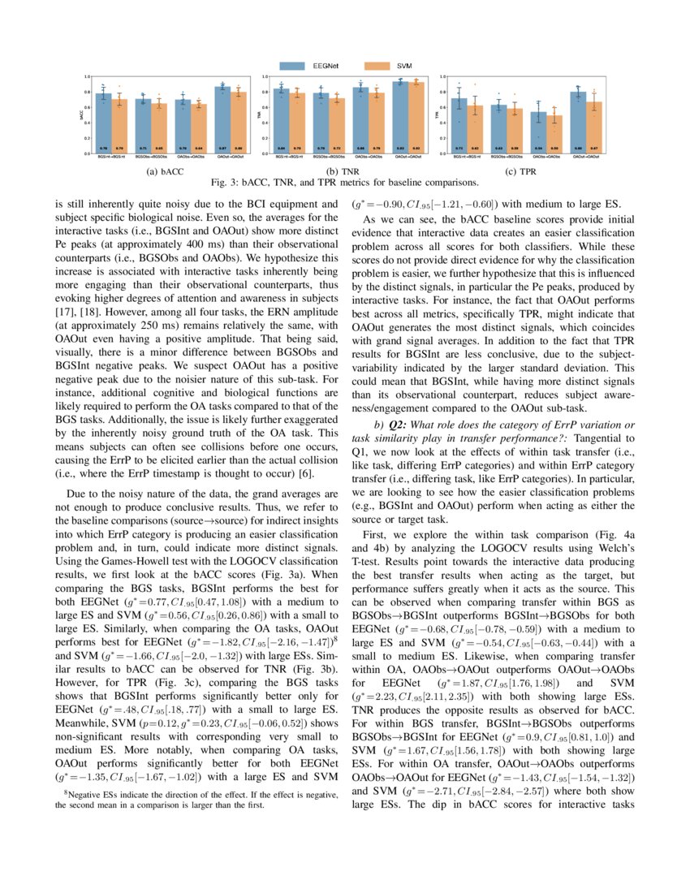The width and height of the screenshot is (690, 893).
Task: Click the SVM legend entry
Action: click(388, 65)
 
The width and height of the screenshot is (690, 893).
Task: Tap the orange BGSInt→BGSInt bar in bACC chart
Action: click(118, 126)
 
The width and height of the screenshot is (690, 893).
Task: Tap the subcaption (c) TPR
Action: click(526, 173)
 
